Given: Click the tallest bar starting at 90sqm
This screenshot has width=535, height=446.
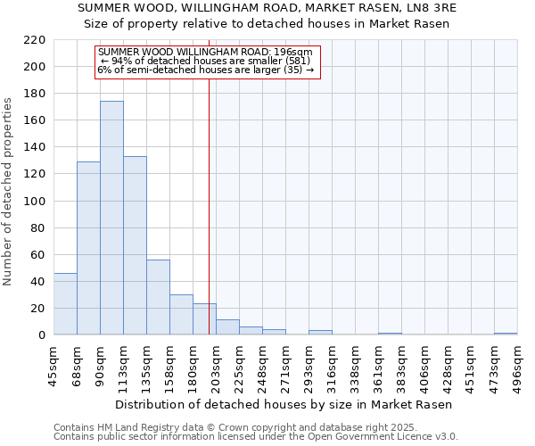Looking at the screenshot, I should pyautogui.click(x=111, y=219).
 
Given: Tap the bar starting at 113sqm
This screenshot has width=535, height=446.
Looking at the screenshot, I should pyautogui.click(x=135, y=245).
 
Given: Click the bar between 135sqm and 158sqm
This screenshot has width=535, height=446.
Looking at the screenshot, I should pyautogui.click(x=158, y=297).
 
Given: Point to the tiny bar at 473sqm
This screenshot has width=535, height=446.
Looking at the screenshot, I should pyautogui.click(x=506, y=334).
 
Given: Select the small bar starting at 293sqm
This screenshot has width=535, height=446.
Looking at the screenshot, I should pyautogui.click(x=320, y=333).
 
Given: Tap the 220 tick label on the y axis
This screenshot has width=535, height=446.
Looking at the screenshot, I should pyautogui.click(x=35, y=40).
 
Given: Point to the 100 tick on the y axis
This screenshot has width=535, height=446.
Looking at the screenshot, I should pyautogui.click(x=35, y=202).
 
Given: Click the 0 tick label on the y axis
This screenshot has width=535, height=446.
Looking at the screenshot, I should pyautogui.click(x=41, y=335).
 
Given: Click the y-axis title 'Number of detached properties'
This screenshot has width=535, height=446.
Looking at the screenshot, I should pyautogui.click(x=8, y=193).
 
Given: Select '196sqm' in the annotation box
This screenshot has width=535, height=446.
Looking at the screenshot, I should pyautogui.click(x=292, y=53).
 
